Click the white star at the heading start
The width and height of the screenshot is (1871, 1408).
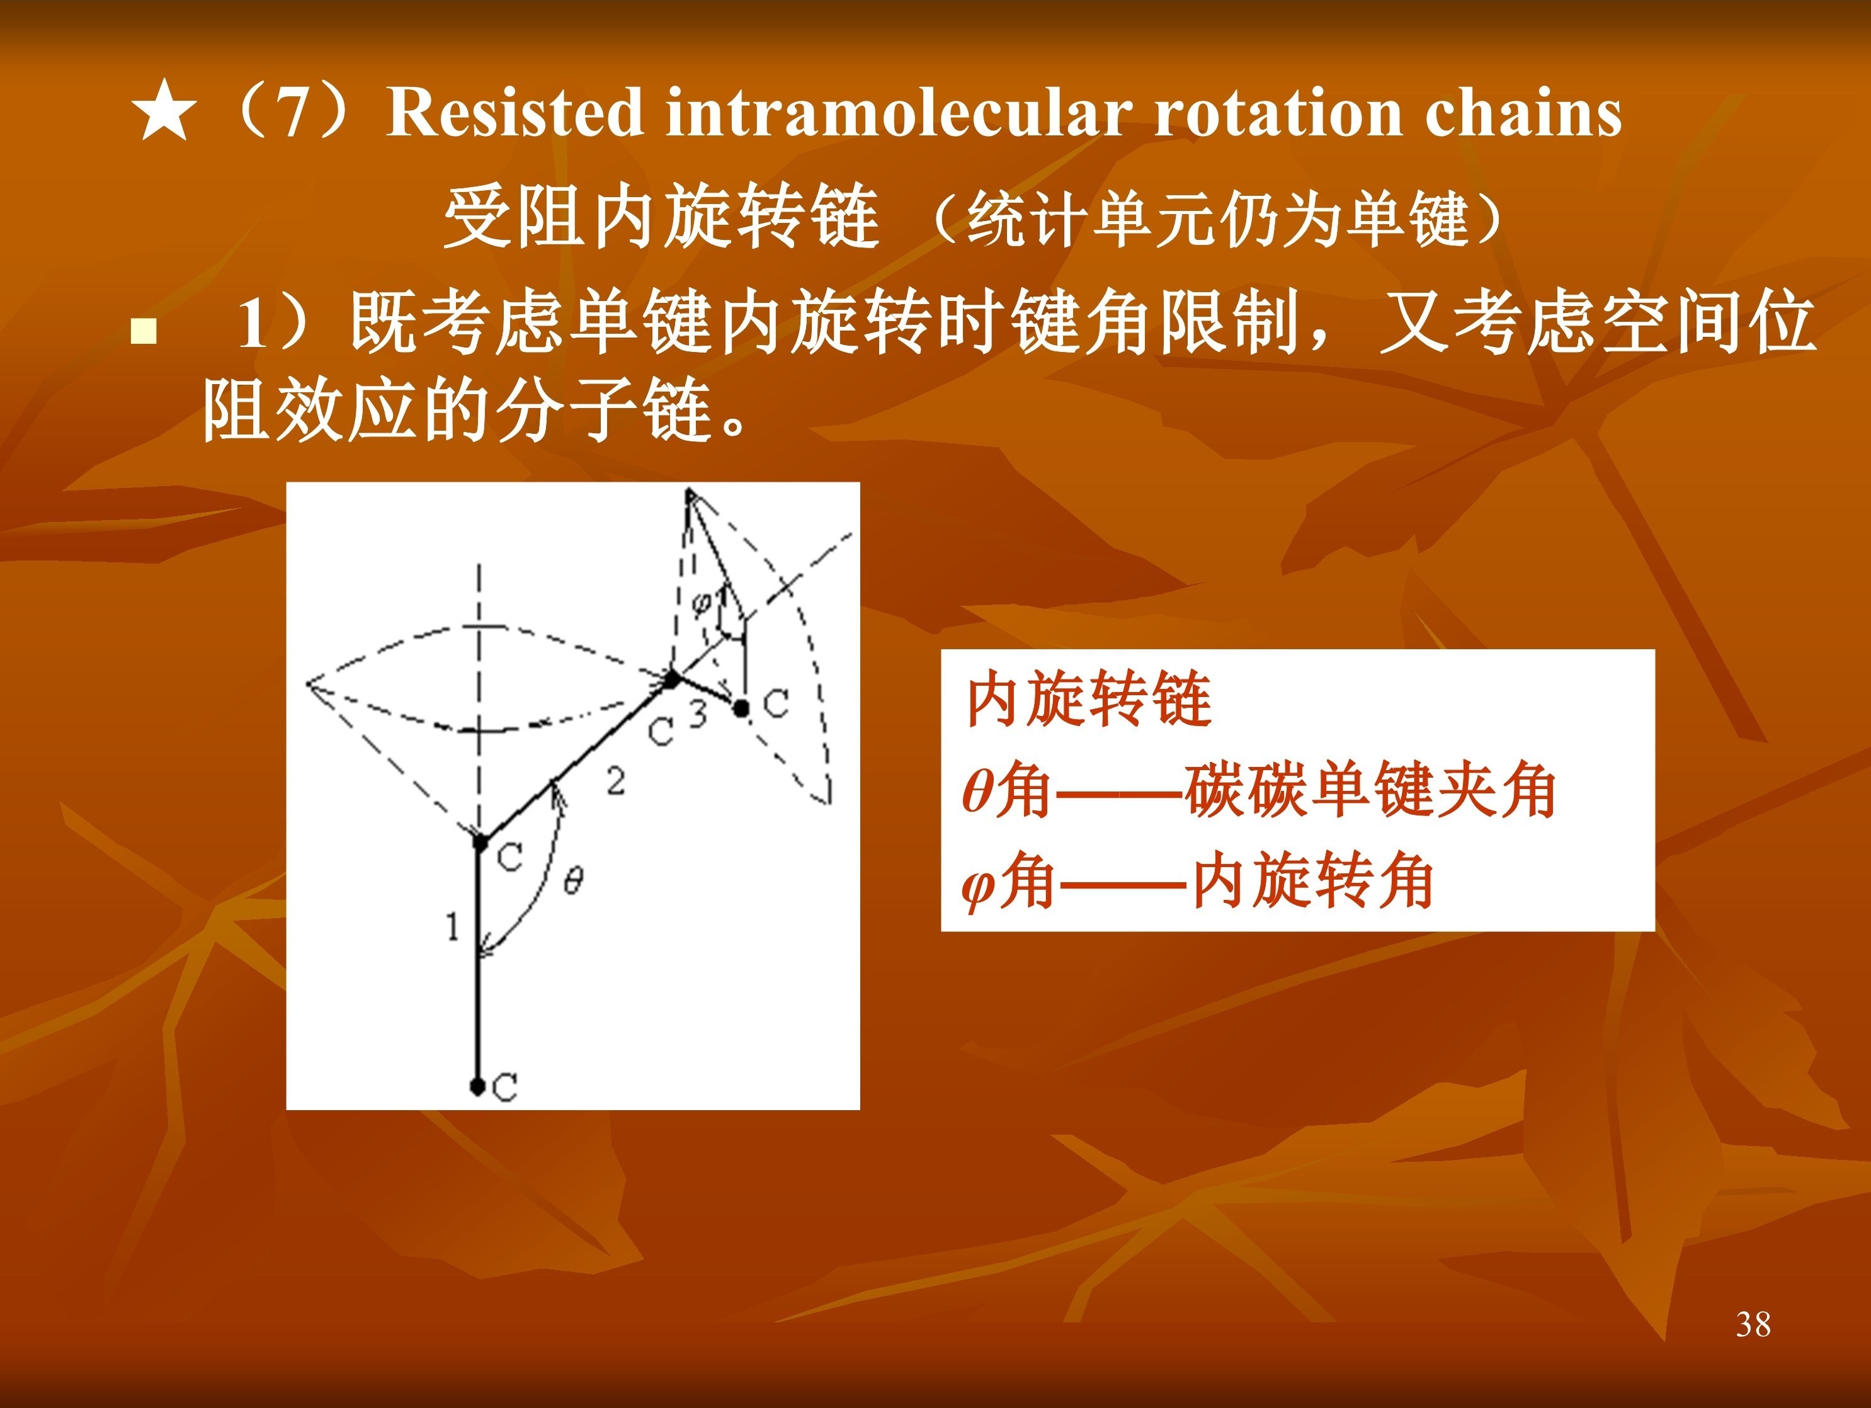(x=165, y=110)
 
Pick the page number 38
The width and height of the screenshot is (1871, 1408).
(x=1753, y=1324)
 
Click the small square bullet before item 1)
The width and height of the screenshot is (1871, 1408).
(x=144, y=331)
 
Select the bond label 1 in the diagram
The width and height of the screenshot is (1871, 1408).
(x=453, y=927)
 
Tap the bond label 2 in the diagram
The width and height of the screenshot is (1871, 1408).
(x=616, y=781)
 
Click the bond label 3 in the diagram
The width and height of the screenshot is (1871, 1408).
(x=697, y=715)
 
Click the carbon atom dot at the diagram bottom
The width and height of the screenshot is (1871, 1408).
(x=477, y=1085)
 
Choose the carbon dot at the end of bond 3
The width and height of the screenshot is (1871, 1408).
(x=741, y=708)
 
